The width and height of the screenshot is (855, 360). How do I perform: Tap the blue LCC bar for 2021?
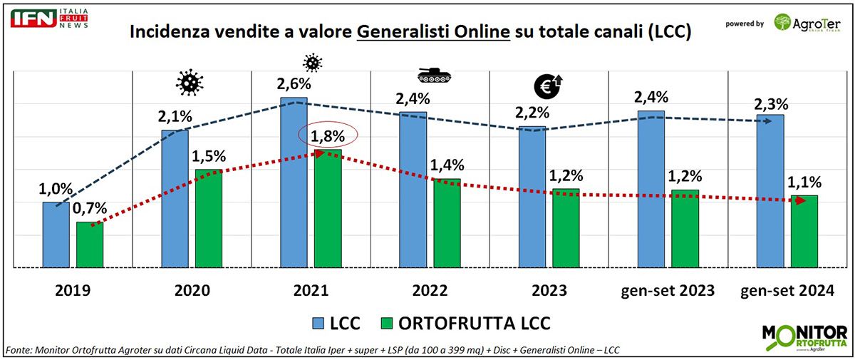(x=294, y=182)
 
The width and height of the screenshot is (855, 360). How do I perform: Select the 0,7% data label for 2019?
(x=90, y=209)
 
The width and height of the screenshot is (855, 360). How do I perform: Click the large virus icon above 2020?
(x=189, y=83)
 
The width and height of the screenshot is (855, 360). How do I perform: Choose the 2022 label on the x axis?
(x=430, y=291)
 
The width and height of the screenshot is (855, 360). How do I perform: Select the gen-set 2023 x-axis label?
(x=665, y=291)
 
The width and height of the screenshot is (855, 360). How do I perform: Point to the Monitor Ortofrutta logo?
(x=803, y=338)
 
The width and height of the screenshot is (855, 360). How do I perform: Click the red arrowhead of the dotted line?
(x=800, y=201)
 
